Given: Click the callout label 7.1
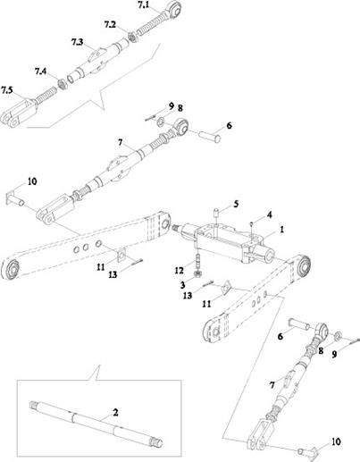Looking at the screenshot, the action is [144, 5].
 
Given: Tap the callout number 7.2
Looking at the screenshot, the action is [110, 24].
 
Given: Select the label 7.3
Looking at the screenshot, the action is [77, 42].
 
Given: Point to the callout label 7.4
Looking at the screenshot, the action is [40, 71].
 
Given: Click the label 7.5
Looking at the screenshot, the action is [7, 89].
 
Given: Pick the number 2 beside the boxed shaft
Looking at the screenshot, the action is [115, 412].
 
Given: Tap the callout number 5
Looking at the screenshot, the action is [236, 204].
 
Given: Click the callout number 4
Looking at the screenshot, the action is [269, 214].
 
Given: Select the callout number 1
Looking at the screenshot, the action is [281, 230].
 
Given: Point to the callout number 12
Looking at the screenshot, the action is [180, 271].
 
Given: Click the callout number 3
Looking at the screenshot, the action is [182, 285].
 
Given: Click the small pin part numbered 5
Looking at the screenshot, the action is [215, 214].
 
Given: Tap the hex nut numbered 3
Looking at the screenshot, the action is [197, 273].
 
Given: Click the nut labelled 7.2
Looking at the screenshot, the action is [132, 37].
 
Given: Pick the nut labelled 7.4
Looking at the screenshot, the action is [62, 84].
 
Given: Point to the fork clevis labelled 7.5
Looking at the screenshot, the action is [19, 113].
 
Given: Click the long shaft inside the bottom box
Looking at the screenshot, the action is [96, 422].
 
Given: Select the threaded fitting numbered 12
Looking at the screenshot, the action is [198, 261].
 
